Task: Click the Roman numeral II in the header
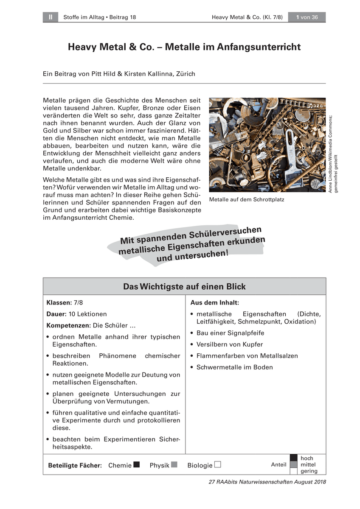pos(50,17)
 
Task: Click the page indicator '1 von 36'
pos(307,17)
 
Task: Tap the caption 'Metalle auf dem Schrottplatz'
pos(247,199)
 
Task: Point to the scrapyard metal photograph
pos(267,145)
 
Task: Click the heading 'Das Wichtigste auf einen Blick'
pos(184,287)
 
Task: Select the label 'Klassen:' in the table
pos(59,303)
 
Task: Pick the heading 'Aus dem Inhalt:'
pos(214,303)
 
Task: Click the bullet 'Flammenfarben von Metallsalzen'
pos(247,356)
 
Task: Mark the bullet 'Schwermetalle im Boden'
pos(234,367)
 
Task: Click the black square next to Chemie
pos(136,464)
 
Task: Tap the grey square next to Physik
pos(174,464)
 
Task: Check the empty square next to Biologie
pos(218,464)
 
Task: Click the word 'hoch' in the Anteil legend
pos(307,459)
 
